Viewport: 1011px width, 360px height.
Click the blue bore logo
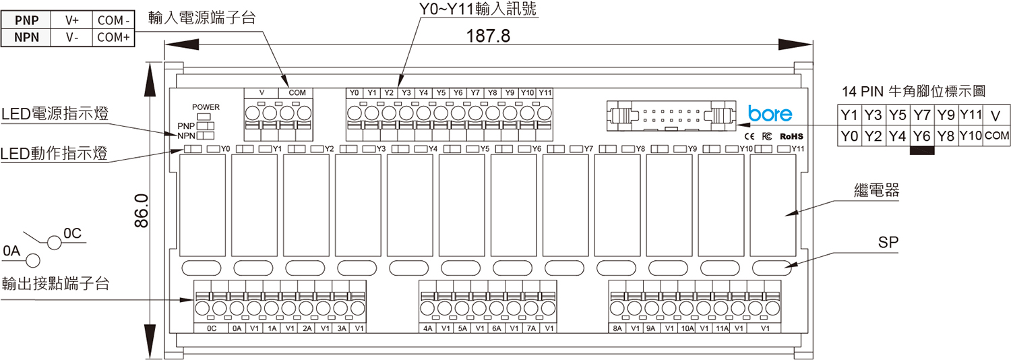coord(770,114)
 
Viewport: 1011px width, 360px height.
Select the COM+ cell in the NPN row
coord(113,38)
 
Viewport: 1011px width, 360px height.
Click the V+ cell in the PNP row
coord(73,20)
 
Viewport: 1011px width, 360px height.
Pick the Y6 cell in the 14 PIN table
coord(921,136)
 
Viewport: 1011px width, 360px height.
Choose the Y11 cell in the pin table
coord(971,113)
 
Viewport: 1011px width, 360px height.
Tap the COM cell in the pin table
coord(998,136)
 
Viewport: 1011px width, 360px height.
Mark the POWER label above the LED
coord(206,107)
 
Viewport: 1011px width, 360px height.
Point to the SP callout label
coord(888,243)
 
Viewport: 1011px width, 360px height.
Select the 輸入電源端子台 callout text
coord(202,18)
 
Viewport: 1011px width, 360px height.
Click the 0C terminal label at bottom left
coord(211,328)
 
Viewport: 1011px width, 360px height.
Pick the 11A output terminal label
coord(722,328)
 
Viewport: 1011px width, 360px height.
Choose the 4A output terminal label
coord(428,328)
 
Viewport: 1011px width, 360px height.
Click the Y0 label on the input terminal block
coord(355,92)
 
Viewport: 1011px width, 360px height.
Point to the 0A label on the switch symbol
coord(12,251)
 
